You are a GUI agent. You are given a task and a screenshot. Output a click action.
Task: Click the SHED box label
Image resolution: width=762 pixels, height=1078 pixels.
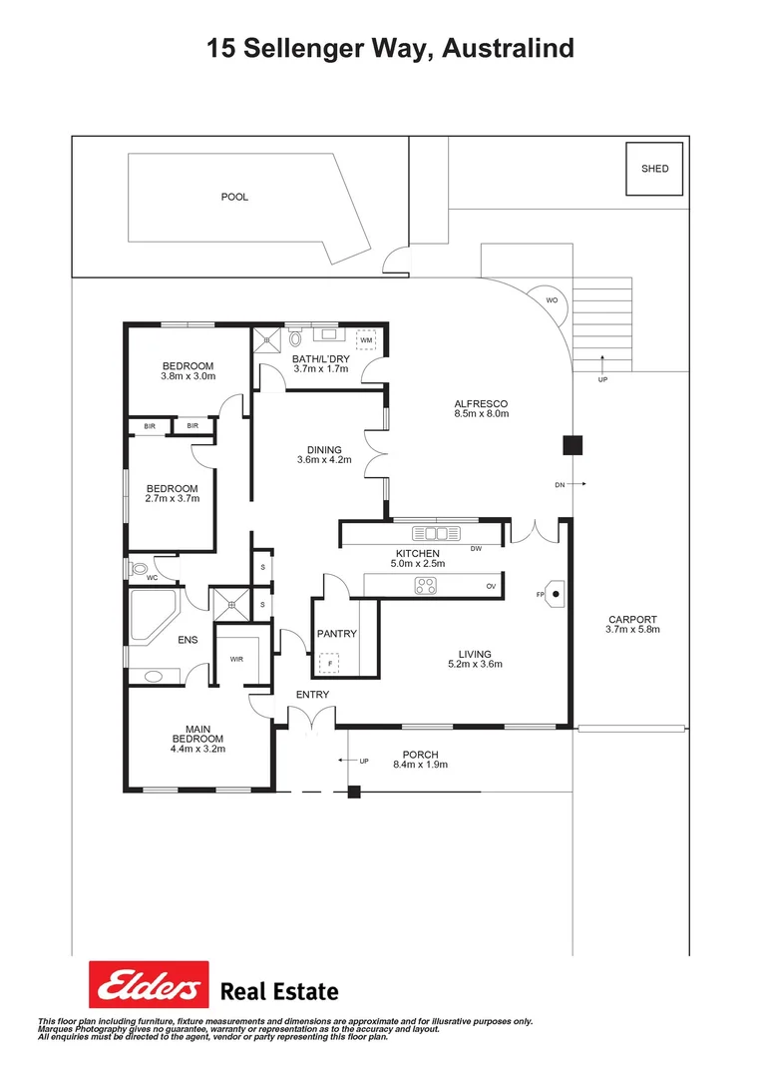(655, 169)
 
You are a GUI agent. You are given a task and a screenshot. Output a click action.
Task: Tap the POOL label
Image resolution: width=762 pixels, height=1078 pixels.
(234, 197)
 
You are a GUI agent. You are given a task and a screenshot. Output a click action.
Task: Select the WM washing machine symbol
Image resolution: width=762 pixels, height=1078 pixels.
(366, 340)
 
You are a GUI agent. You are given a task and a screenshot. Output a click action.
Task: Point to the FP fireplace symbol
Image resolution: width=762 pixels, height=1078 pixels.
(555, 594)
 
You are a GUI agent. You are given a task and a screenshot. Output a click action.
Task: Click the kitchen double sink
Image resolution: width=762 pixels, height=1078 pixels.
(436, 532)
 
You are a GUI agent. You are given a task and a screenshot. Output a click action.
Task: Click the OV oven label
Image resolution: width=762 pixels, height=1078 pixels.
(491, 586)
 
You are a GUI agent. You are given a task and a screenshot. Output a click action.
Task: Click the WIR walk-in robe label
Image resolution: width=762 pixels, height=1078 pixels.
(236, 659)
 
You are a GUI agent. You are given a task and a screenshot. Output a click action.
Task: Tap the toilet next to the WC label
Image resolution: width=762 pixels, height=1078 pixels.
(137, 569)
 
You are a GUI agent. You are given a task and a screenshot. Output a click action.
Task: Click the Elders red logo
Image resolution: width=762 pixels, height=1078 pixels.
(149, 985)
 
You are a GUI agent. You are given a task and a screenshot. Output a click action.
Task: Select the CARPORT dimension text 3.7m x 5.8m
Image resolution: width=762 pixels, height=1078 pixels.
(633, 630)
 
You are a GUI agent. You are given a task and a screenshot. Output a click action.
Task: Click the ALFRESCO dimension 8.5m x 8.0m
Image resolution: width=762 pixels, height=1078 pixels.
(481, 413)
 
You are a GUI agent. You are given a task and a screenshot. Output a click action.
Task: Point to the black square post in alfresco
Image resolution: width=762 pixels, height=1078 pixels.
(571, 445)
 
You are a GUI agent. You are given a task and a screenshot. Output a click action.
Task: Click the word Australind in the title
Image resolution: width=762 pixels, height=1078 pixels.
(507, 48)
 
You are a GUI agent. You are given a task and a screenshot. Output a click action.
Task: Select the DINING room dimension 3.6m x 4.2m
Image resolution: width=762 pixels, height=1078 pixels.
(324, 460)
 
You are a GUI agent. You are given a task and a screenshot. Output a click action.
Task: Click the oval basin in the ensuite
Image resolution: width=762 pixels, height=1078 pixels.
(154, 676)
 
